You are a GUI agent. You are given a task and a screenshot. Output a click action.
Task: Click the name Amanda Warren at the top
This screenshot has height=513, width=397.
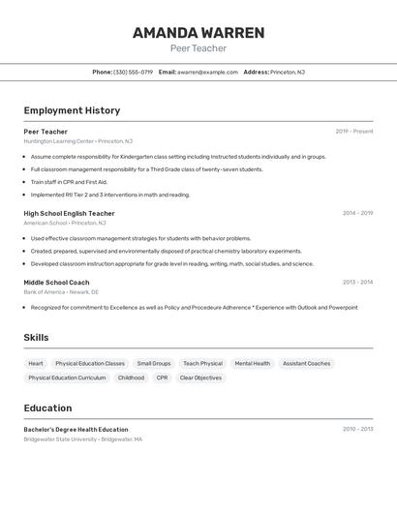[x=198, y=33]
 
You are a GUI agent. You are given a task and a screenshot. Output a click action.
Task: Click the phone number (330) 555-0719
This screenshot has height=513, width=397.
[x=134, y=72]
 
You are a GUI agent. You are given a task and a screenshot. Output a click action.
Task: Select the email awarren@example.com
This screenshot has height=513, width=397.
[x=207, y=72]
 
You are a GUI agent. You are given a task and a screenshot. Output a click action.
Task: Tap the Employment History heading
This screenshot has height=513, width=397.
[x=72, y=110]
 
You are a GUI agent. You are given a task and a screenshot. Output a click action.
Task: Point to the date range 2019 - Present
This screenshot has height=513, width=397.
[x=354, y=132]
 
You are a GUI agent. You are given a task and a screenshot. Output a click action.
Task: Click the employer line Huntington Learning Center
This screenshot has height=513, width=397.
[x=78, y=141]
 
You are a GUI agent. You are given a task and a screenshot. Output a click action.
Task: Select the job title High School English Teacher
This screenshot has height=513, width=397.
[x=69, y=213]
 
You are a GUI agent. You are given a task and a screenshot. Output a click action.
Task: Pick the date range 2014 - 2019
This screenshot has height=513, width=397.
[x=357, y=213]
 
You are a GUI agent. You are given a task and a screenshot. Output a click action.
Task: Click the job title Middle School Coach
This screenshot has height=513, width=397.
[x=56, y=283]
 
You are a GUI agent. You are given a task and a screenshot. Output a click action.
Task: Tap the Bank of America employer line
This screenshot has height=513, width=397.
[x=61, y=291]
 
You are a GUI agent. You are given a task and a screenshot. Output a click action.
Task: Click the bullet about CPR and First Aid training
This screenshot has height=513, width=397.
[x=69, y=182]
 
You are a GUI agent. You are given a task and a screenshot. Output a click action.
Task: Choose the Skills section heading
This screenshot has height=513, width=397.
[x=37, y=338]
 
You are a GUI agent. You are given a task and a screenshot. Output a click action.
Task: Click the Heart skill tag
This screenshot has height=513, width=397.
[x=36, y=364]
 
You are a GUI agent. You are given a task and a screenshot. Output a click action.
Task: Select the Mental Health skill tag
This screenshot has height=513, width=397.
[x=253, y=364]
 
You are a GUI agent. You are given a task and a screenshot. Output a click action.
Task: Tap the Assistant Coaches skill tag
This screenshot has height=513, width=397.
[x=306, y=364]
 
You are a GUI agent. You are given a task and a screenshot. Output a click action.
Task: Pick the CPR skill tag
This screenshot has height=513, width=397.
[x=162, y=377]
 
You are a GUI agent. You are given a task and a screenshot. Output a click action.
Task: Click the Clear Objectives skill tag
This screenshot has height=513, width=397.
[x=200, y=377]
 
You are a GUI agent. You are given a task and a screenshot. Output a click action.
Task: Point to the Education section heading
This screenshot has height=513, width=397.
[x=47, y=408]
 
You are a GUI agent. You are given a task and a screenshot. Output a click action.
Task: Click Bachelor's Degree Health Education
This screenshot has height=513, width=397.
[x=76, y=429]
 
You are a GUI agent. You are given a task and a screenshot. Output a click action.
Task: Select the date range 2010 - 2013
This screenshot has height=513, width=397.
[x=357, y=429]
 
